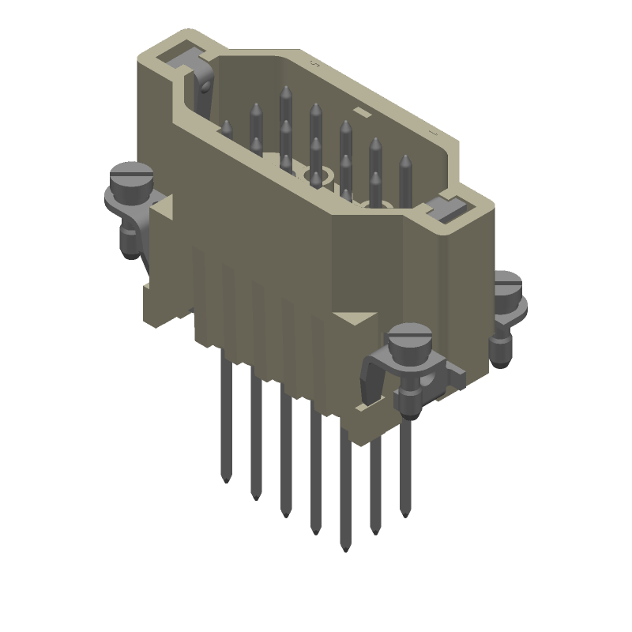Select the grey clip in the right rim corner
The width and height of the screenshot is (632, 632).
(447, 209)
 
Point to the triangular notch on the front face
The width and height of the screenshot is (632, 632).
(352, 318)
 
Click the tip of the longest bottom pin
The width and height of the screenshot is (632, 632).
(344, 546)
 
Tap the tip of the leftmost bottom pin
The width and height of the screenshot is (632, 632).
(226, 479)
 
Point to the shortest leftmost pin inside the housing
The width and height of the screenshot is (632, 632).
(226, 124)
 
